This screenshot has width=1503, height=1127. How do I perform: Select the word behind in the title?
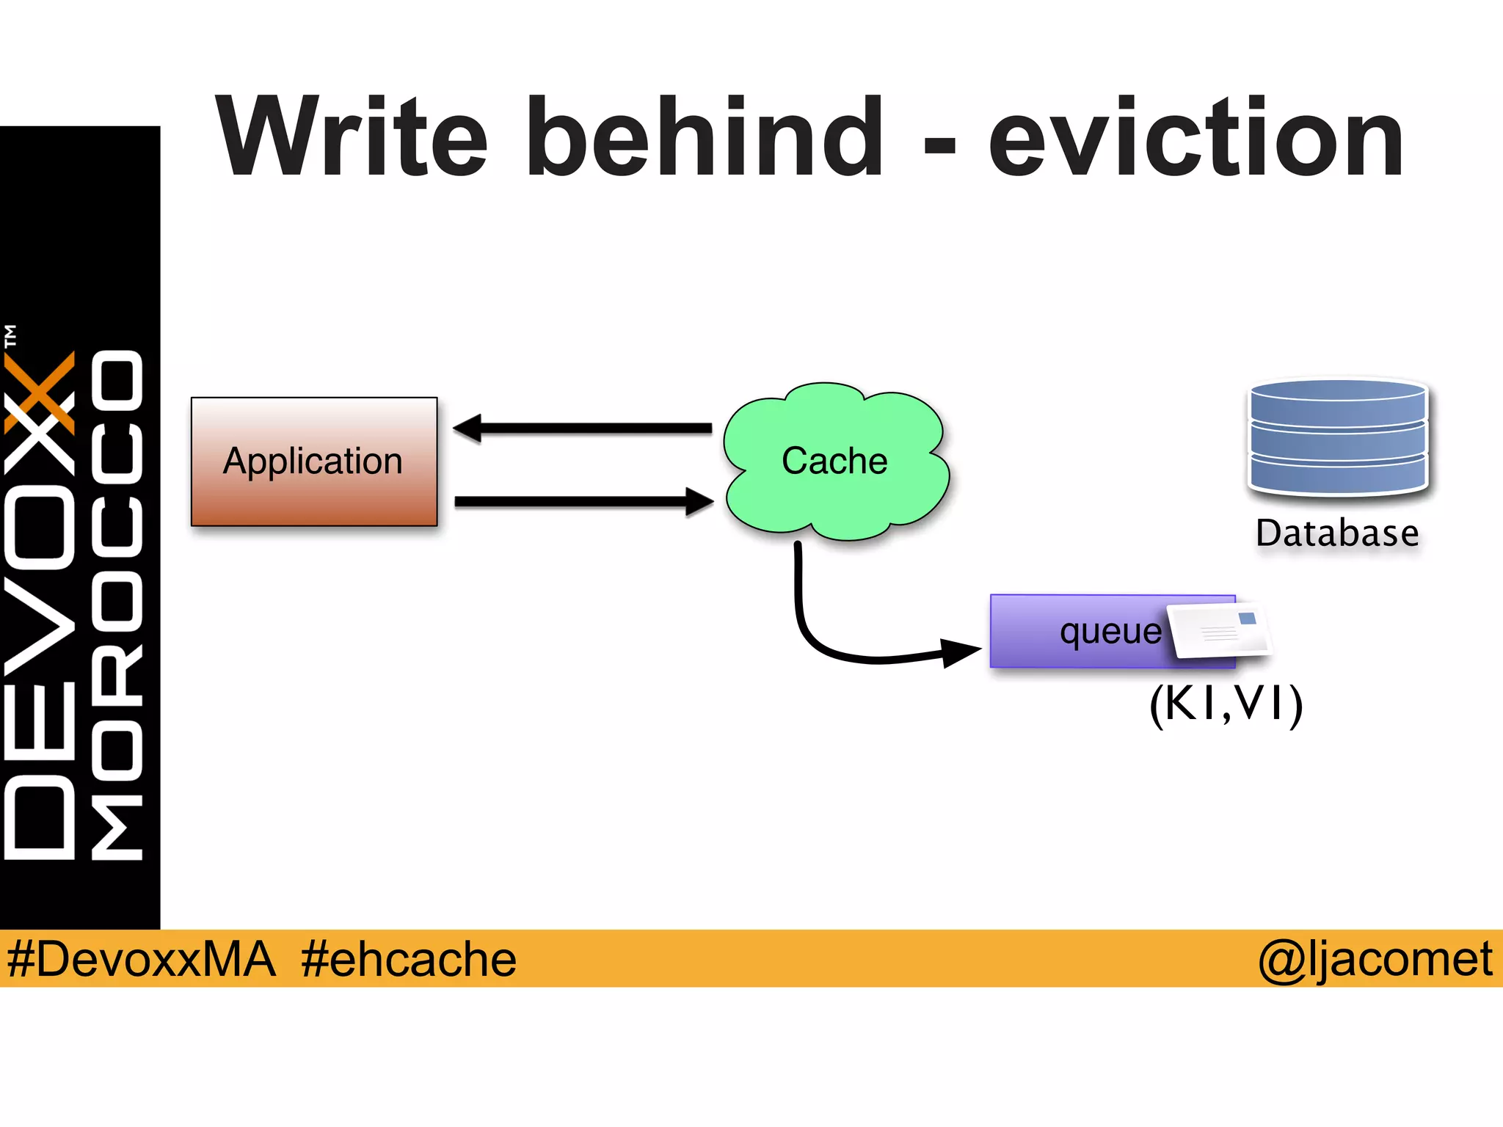pyautogui.click(x=705, y=138)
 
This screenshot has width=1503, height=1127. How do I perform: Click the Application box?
pyautogui.click(x=314, y=462)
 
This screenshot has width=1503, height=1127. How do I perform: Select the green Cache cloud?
pyautogui.click(x=834, y=462)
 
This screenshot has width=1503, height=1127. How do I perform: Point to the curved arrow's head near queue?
pyautogui.click(x=960, y=651)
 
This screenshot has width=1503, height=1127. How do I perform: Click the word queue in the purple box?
pyautogui.click(x=1110, y=632)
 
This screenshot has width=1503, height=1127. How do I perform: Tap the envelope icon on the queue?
pyautogui.click(x=1219, y=630)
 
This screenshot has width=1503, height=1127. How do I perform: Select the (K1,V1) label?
pyautogui.click(x=1226, y=704)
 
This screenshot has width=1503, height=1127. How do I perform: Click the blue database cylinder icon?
pyautogui.click(x=1338, y=437)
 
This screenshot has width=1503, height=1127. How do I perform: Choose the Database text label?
pyautogui.click(x=1337, y=533)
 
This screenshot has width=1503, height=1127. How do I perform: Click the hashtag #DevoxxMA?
pyautogui.click(x=141, y=959)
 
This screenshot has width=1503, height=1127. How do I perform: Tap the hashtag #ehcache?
pyautogui.click(x=408, y=959)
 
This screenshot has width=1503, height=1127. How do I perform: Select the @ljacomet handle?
pyautogui.click(x=1375, y=959)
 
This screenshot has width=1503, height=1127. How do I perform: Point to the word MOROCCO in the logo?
pyautogui.click(x=117, y=605)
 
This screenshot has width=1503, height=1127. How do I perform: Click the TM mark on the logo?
pyautogui.click(x=10, y=336)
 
